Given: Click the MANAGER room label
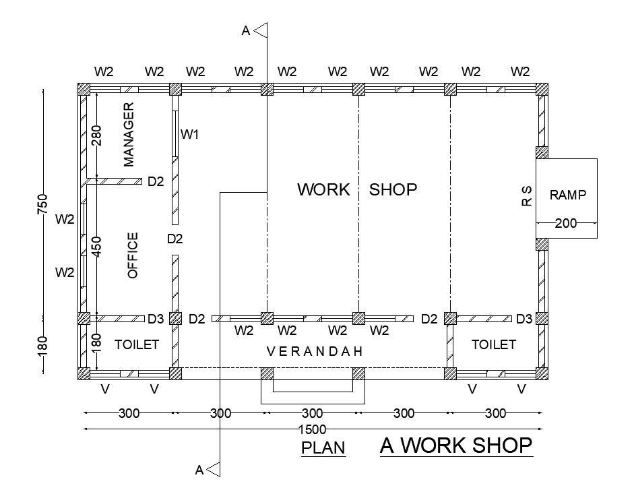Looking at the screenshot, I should [x=129, y=134].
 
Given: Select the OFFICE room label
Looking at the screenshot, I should [x=132, y=255].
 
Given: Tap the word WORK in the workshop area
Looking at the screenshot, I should [x=323, y=189].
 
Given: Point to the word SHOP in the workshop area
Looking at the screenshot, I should [x=393, y=189].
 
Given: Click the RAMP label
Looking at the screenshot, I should [x=568, y=195].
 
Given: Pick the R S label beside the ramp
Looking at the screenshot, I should [x=527, y=196].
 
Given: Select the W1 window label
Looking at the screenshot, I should [x=189, y=135].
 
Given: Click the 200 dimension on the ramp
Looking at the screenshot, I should [x=566, y=223].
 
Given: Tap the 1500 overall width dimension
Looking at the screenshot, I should [x=312, y=429].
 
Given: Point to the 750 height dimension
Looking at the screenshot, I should [x=42, y=204].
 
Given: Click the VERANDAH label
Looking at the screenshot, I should [x=315, y=351].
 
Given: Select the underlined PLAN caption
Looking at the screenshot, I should [x=323, y=447].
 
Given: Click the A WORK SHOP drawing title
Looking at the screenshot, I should [x=456, y=445].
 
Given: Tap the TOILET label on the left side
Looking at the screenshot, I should [x=137, y=344].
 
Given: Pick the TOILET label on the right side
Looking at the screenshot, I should [x=493, y=344].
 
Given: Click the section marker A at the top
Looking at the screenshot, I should [x=247, y=30].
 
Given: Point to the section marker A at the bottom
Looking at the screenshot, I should [x=199, y=470].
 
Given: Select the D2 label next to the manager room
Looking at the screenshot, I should [x=156, y=181].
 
